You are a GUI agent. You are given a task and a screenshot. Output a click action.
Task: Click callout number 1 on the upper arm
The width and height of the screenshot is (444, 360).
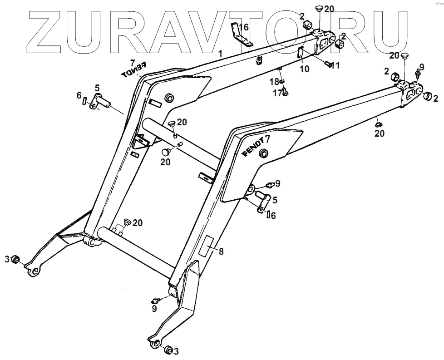tap(220, 54)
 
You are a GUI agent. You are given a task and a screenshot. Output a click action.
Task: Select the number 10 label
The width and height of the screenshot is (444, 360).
tap(304, 69)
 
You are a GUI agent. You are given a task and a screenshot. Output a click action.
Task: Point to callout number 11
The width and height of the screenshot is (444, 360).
tap(335, 65)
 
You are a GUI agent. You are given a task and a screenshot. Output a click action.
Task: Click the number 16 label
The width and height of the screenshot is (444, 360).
tap(244, 27)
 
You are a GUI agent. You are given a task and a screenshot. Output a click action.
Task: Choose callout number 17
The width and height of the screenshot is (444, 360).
tap(276, 93)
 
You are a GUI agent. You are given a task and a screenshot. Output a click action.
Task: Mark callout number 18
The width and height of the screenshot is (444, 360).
tap(274, 82)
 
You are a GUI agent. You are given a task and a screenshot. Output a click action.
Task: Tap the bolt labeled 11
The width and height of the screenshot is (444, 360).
tap(327, 64)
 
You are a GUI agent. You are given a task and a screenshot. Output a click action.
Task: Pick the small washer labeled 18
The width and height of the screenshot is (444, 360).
tap(282, 81)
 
